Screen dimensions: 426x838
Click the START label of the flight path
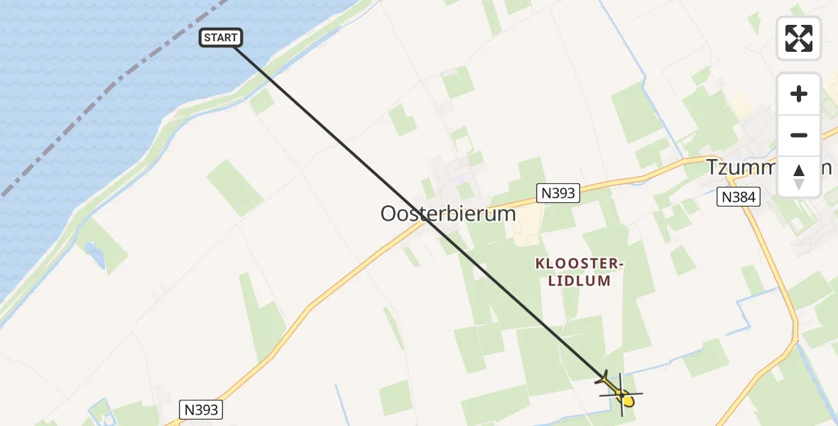pos(221,38)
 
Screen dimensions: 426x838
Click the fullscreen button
pos(799,38)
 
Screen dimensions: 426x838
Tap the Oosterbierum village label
pos(448,214)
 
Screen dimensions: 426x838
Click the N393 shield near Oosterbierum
pos(557,192)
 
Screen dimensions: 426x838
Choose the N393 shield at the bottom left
pos(202,410)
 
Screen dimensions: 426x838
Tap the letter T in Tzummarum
pos(712,167)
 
